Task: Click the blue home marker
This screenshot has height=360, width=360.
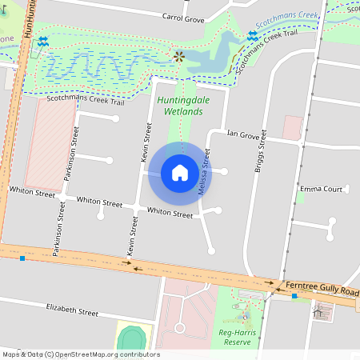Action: (x=179, y=173)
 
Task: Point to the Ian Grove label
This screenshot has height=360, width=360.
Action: (x=243, y=134)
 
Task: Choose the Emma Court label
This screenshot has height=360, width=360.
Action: (x=320, y=190)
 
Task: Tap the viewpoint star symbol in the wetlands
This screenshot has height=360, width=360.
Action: (x=178, y=57)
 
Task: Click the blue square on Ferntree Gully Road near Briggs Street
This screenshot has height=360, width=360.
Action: (x=294, y=296)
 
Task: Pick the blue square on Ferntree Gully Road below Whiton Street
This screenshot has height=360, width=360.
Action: (x=22, y=258)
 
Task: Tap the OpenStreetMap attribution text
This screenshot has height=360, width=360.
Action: (x=81, y=354)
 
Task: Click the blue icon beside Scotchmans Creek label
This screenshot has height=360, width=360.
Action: (x=252, y=36)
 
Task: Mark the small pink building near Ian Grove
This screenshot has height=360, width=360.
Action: (x=292, y=127)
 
